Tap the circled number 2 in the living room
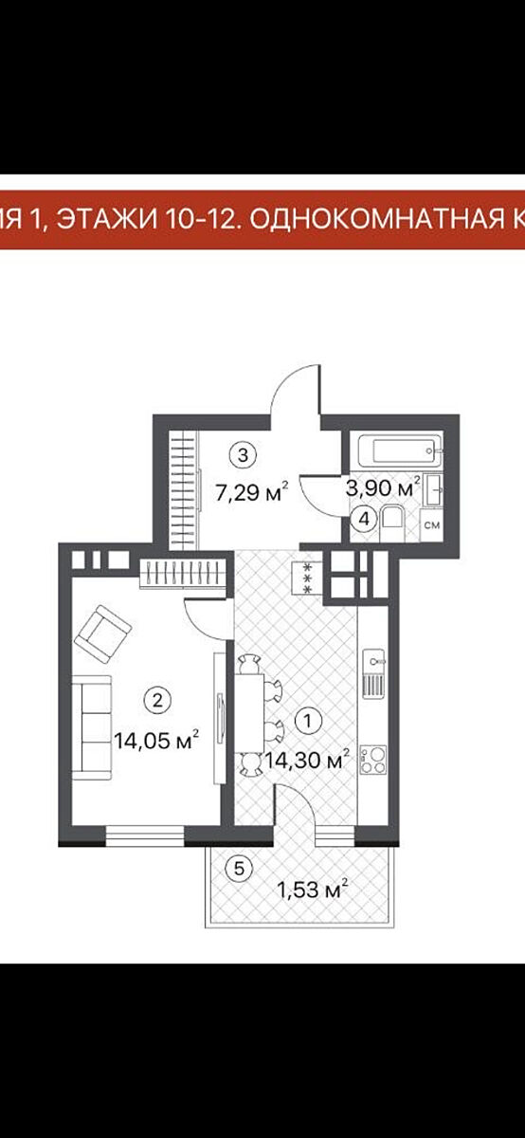[157, 701]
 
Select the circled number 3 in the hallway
[243, 454]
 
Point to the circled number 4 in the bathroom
[364, 520]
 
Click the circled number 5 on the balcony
[239, 869]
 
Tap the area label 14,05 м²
[155, 741]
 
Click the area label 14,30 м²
[307, 760]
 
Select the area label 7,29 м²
[252, 492]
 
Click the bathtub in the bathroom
[400, 450]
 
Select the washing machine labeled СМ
[431, 525]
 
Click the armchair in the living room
[103, 634]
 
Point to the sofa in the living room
[91, 727]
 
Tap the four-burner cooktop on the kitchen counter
[373, 760]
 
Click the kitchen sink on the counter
[373, 673]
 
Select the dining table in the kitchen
[249, 713]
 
